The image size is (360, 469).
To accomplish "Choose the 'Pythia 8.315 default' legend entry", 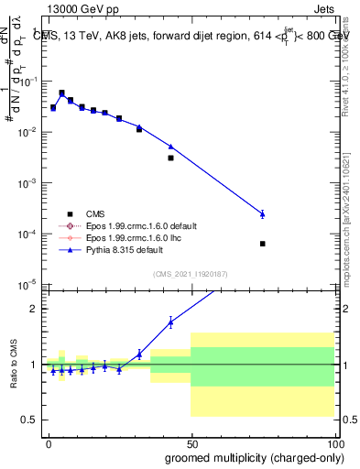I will pos(124,250).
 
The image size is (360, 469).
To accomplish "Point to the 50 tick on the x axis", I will pos(191,441).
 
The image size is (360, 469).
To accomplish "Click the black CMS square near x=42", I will pos(170,158).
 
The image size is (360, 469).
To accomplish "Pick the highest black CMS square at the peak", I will pos(61,93).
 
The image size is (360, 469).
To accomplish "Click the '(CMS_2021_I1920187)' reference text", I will pos(191,273).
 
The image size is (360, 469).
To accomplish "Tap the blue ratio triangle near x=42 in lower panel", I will pos(170,322).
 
